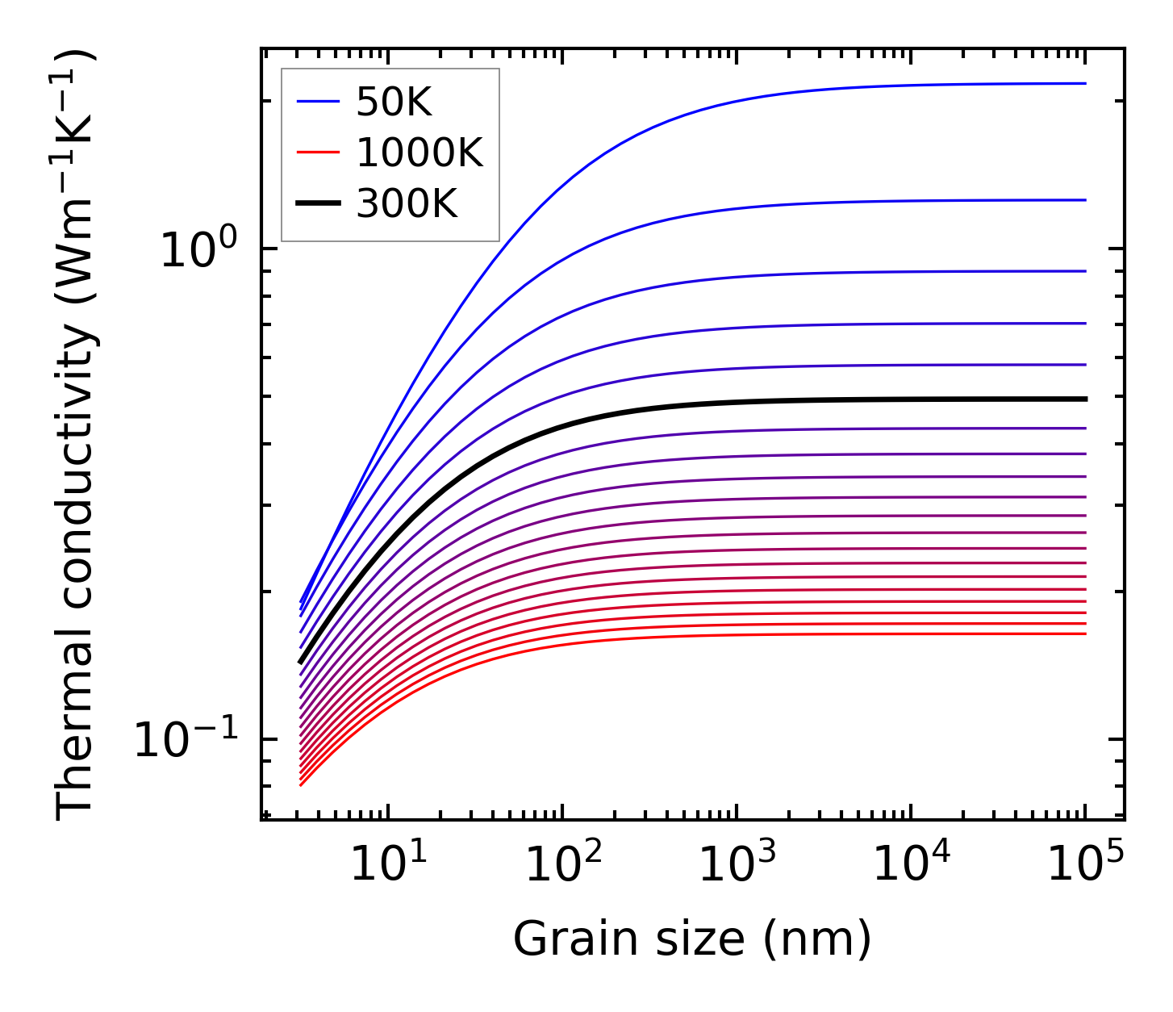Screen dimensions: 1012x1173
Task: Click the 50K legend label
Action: [394, 102]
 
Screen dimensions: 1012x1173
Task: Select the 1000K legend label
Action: [420, 153]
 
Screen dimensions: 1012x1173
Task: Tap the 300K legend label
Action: [407, 204]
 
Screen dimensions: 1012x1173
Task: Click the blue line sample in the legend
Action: [318, 102]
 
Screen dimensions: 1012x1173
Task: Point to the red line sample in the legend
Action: [318, 153]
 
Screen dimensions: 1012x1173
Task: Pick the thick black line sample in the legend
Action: [318, 204]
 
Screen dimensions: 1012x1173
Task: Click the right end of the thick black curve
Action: [1085, 399]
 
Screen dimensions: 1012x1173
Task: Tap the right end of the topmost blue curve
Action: [1085, 83]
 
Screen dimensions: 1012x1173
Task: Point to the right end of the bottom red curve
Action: [1085, 634]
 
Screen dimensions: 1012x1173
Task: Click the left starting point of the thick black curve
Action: [301, 663]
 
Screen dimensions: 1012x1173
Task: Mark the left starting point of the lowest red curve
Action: [301, 784]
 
